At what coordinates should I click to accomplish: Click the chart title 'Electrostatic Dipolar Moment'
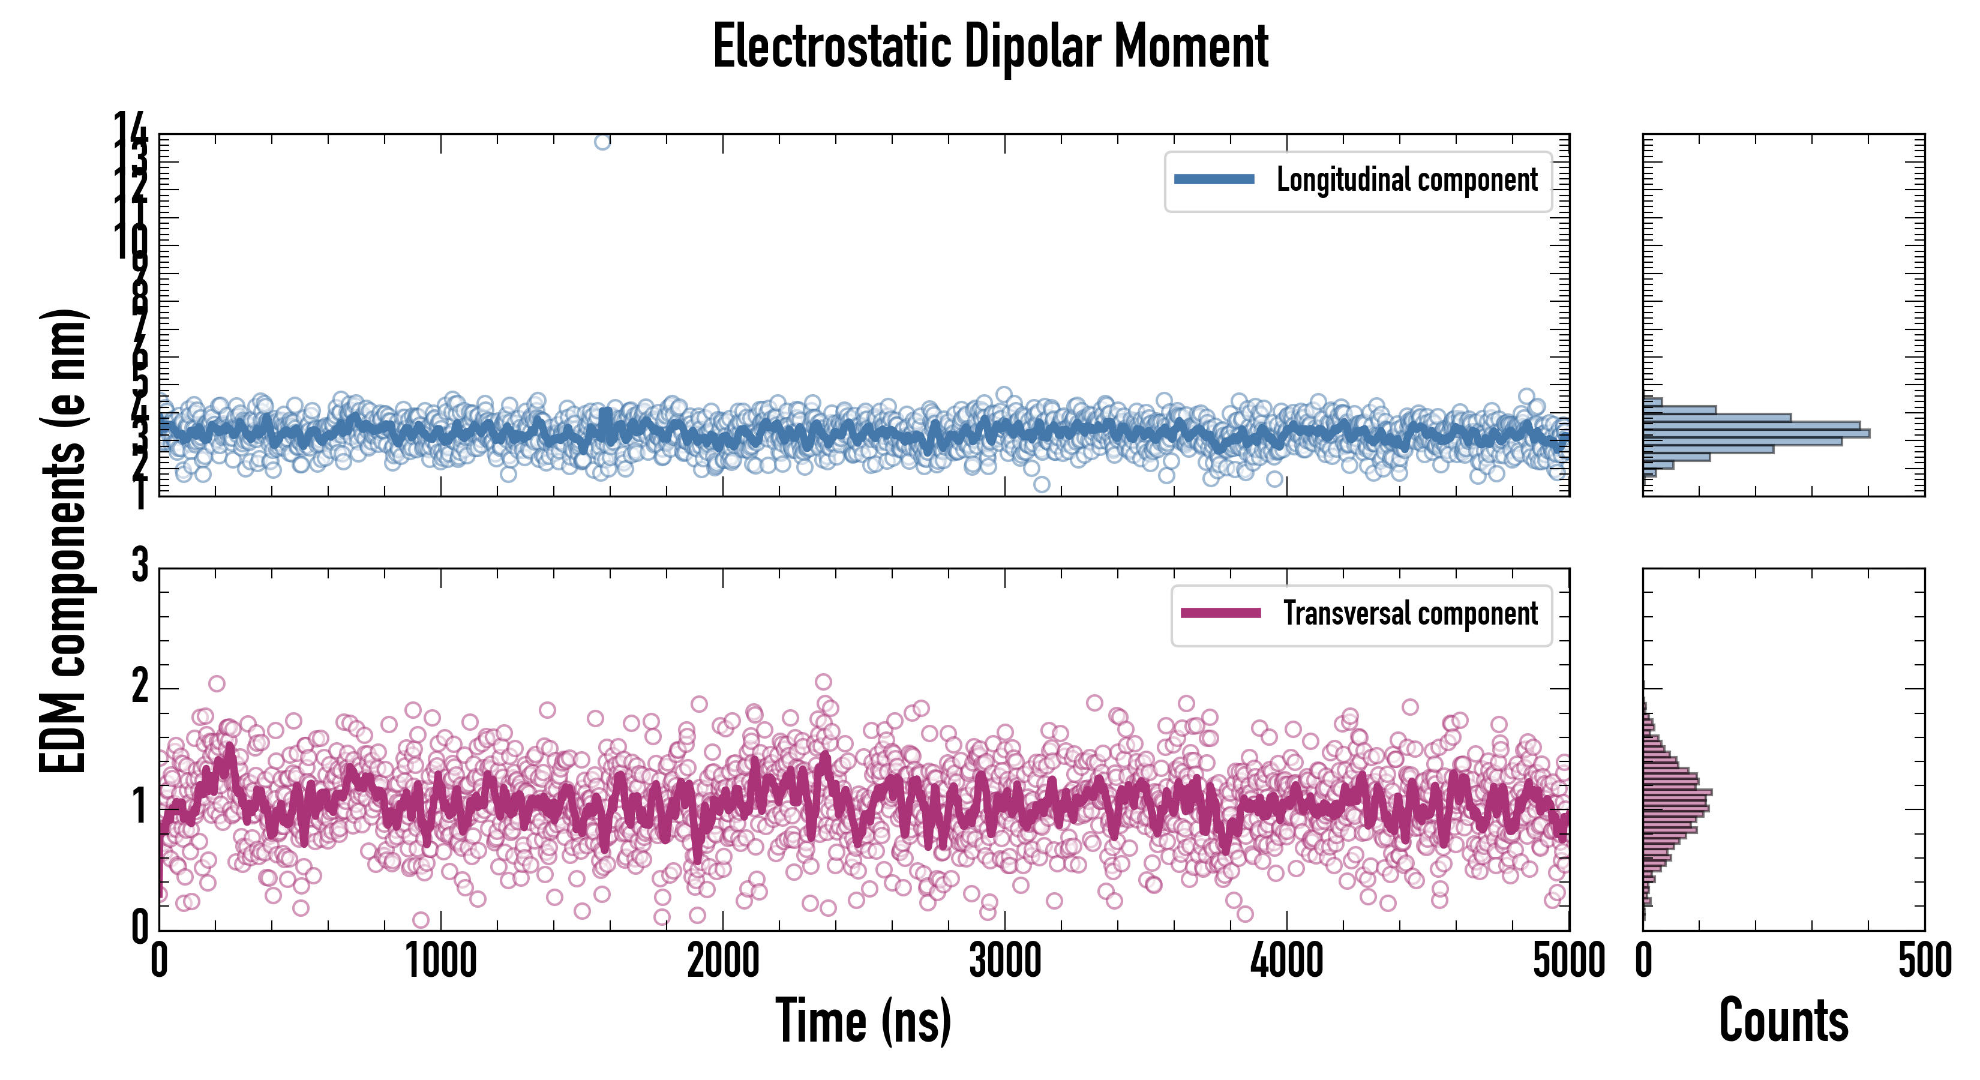click(990, 47)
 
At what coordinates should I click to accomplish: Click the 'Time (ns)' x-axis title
click(863, 1021)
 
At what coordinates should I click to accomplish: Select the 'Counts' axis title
click(1783, 1021)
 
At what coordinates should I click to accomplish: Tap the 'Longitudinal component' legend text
click(1406, 180)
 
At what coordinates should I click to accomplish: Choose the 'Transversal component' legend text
click(1411, 613)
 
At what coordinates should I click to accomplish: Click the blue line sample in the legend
click(1214, 180)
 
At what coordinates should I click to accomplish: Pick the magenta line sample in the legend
click(1220, 613)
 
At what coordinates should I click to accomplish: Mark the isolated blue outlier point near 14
click(602, 142)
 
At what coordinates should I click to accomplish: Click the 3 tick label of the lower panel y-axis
click(140, 566)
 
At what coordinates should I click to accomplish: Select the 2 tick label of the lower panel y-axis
click(140, 686)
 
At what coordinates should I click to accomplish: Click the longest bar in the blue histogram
click(1756, 434)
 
